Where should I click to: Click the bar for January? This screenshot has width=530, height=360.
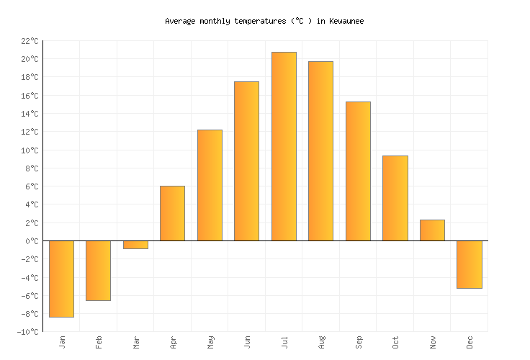coord(61,279)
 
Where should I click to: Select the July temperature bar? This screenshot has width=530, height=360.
coord(284,146)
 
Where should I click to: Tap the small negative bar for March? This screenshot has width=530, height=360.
coord(135,245)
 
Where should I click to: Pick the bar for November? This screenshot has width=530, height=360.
coord(432,230)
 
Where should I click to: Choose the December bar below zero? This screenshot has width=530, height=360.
coord(470,264)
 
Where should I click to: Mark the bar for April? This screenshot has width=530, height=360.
coord(172,213)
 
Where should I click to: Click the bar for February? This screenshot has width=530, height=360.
coord(98,271)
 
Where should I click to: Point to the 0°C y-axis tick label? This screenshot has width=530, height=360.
coord(31,241)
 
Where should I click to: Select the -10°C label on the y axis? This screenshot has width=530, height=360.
coord(27,332)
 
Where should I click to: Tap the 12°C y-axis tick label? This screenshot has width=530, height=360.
coord(29,132)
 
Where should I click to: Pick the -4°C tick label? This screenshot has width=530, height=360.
coord(29,278)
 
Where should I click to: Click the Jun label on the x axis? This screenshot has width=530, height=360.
coord(247,341)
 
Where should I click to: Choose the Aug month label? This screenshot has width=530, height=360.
coord(321,341)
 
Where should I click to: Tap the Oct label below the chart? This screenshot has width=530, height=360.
coord(395,341)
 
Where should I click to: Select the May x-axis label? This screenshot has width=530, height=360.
coord(210,341)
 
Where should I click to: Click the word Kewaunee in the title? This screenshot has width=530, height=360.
coord(343,21)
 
